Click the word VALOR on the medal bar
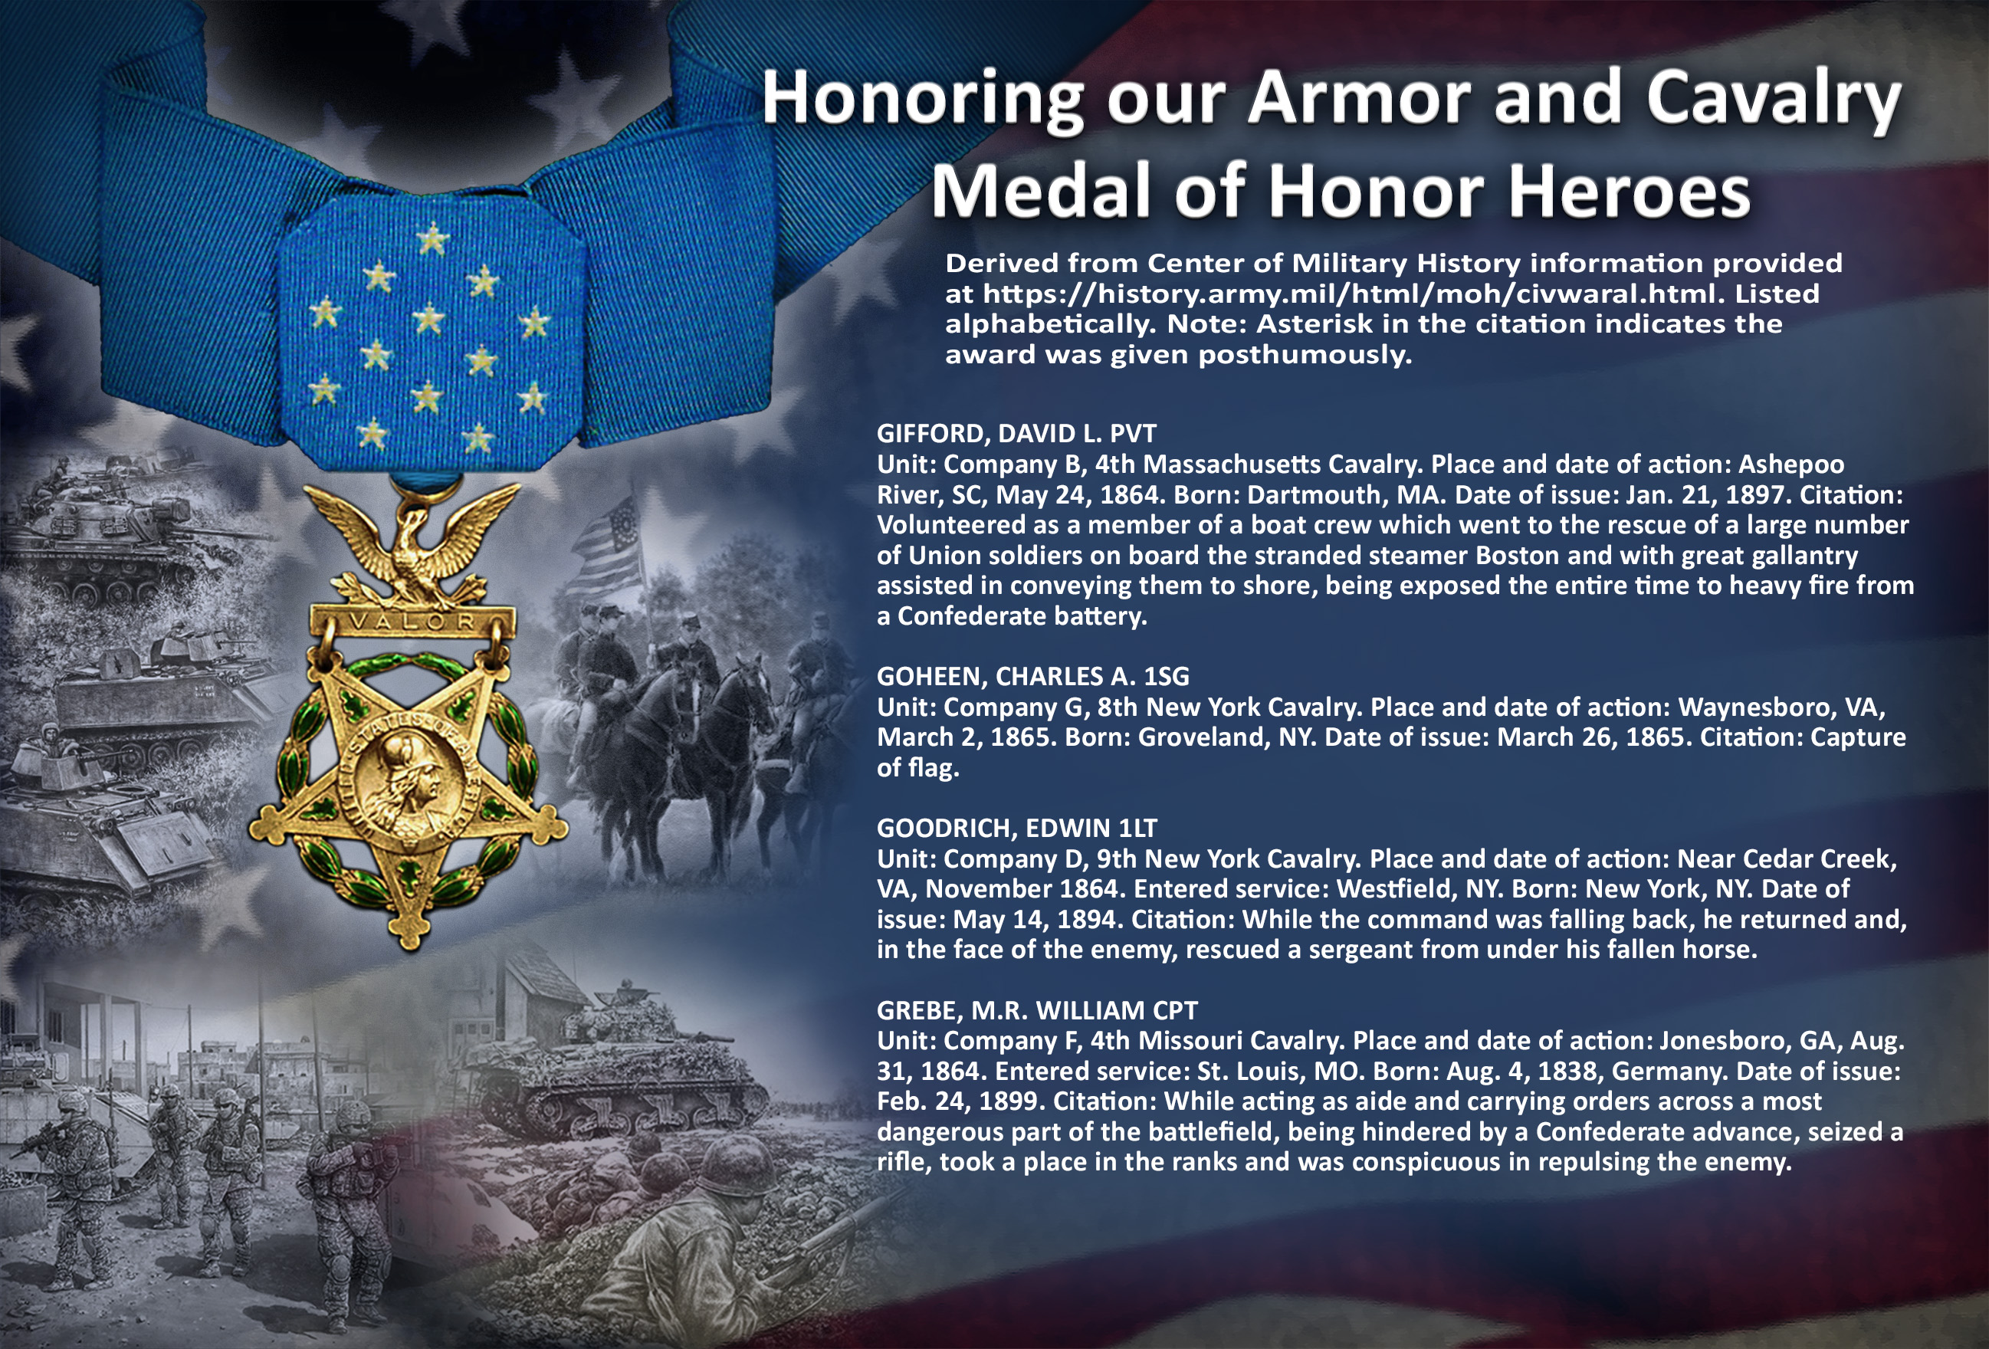tap(412, 622)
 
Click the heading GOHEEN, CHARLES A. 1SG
tap(1033, 676)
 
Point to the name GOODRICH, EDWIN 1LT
tap(1017, 828)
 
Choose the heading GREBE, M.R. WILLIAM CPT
tap(1037, 1010)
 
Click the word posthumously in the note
tap(1305, 354)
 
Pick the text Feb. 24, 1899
tap(957, 1101)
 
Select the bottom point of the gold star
tap(410, 945)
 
